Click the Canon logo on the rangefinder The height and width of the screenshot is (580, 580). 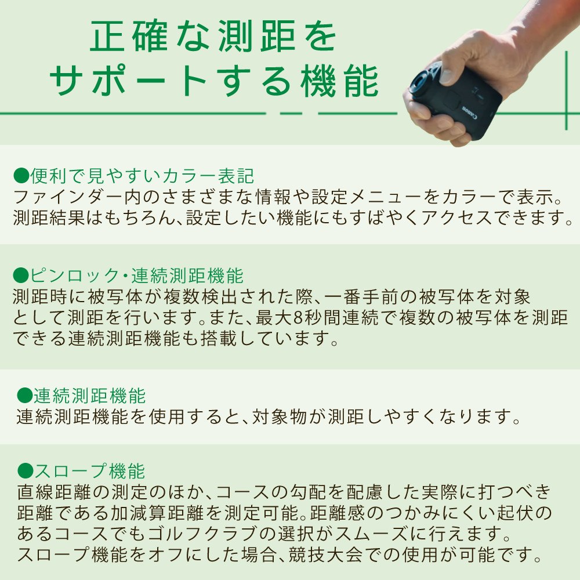[x=470, y=113]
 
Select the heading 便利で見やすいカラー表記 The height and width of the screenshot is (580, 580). [x=142, y=175]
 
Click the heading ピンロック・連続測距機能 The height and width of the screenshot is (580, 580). [x=136, y=275]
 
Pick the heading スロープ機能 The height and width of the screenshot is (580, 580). [x=89, y=470]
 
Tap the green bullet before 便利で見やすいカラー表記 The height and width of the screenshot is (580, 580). [x=21, y=175]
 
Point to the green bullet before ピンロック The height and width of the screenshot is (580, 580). [x=21, y=275]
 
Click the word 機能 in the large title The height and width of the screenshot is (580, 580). [x=339, y=81]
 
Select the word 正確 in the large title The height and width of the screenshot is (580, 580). [x=129, y=35]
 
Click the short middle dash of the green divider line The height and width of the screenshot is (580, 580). [x=292, y=113]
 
